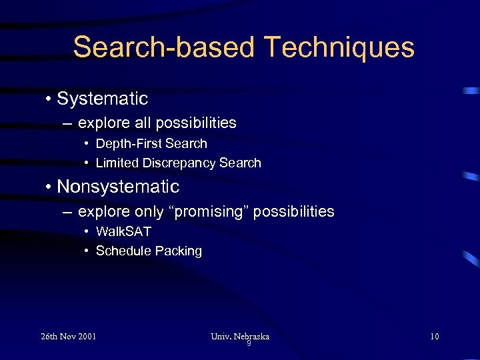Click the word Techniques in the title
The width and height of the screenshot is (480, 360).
(339, 48)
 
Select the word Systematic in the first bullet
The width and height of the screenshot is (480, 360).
(103, 99)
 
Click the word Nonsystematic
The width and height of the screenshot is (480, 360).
(118, 187)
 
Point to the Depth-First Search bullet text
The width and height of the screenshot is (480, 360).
(151, 143)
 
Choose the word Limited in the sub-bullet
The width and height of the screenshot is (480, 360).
(116, 163)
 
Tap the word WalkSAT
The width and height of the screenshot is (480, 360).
(123, 231)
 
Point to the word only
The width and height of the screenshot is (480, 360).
(148, 212)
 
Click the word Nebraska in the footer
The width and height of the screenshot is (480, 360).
(251, 336)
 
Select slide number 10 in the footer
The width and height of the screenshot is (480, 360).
(434, 336)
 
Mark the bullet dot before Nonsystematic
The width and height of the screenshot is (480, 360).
(49, 187)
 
